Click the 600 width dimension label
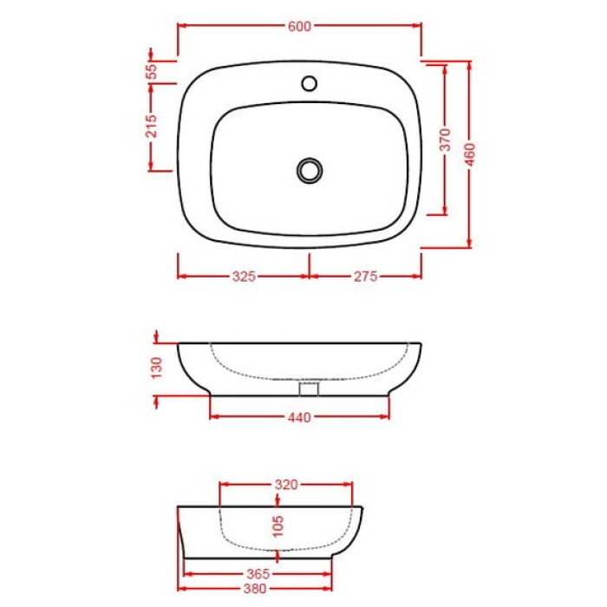click(299, 26)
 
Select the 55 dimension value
click(151, 71)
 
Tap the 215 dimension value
click(151, 127)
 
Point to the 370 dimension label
click(445, 139)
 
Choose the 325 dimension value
click(244, 277)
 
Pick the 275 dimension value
click(365, 277)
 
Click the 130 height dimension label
click(156, 369)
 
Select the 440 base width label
click(299, 418)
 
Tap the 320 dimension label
click(287, 485)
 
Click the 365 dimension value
click(258, 574)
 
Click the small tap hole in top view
click(309, 84)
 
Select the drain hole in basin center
click(310, 169)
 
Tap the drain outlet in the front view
click(310, 388)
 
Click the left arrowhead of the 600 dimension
click(181, 26)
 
